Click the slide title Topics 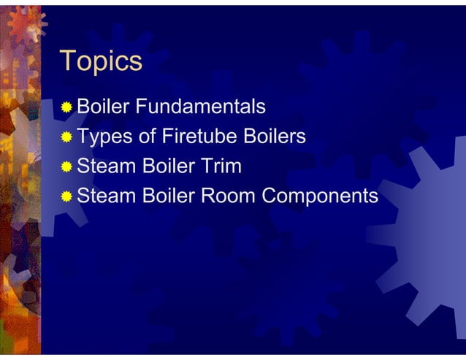click(100, 61)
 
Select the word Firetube click(189, 137)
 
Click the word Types click(102, 137)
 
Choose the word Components click(320, 196)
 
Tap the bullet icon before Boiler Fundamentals click(67, 108)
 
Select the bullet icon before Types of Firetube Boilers click(67, 137)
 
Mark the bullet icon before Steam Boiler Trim click(67, 167)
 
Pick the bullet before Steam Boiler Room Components click(67, 196)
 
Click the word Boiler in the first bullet click(103, 107)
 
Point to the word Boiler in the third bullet click(166, 166)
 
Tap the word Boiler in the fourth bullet click(166, 196)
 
